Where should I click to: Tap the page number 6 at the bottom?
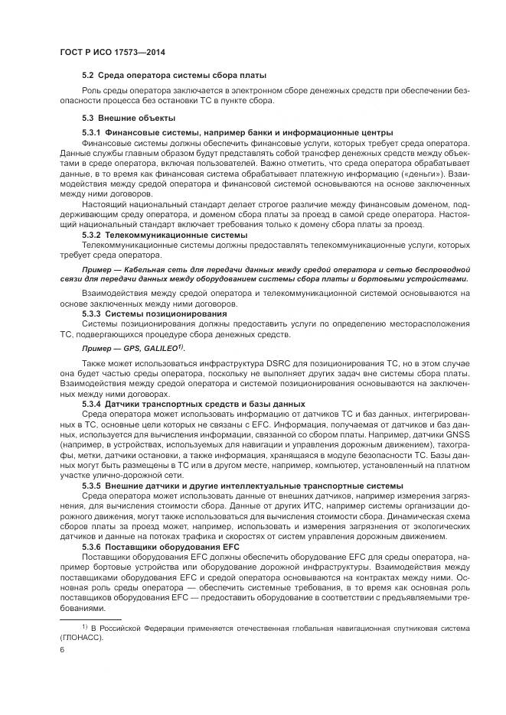coord(62,649)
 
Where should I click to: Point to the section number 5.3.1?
coord(92,133)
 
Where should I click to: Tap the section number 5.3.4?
coord(92,403)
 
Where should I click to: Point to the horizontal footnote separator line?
coord(80,619)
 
